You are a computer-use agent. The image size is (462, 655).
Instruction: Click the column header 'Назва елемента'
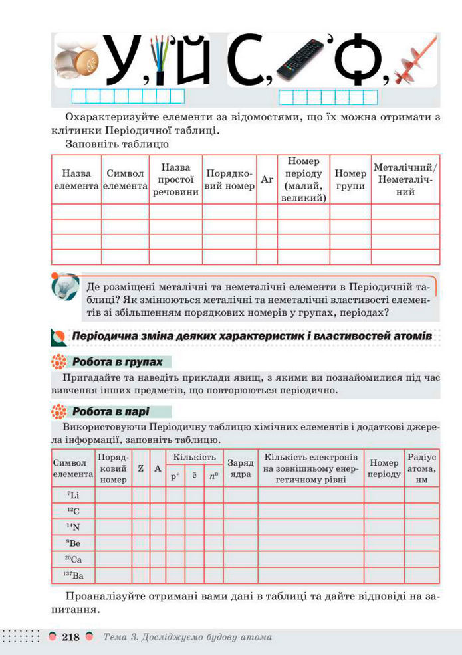tap(76, 179)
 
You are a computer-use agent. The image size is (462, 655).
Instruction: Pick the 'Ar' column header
tap(267, 179)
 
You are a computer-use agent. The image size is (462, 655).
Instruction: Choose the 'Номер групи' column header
tap(350, 179)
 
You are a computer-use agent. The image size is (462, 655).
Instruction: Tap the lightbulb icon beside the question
tap(64, 288)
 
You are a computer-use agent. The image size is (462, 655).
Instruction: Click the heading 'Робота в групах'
tap(117, 362)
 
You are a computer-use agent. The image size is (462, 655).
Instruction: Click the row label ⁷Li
tap(73, 495)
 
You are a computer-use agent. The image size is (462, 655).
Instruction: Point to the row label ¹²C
tap(73, 511)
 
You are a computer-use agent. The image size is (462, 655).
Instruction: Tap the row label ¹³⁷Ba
tap(73, 575)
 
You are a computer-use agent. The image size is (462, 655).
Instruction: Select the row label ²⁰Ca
tap(73, 559)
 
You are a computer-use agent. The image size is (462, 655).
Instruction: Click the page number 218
tap(70, 638)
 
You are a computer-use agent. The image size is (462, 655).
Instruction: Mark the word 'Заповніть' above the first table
tap(89, 143)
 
